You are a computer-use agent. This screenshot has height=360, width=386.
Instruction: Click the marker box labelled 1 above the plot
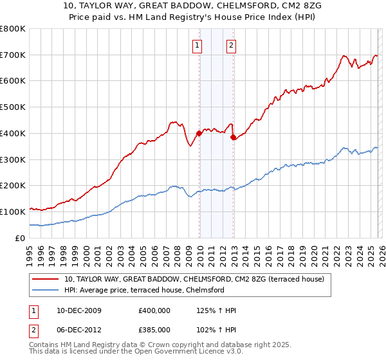196,45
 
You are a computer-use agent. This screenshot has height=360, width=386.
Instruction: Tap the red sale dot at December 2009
199,133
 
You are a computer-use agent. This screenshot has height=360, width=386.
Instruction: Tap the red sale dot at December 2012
233,137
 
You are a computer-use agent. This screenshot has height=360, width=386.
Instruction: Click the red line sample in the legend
46,279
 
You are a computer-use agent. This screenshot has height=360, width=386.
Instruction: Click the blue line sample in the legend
46,290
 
